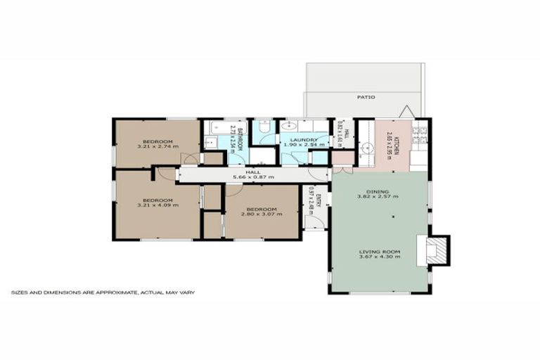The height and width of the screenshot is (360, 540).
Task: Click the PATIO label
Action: coord(365,97)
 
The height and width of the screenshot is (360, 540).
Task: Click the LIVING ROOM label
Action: coord(379,251)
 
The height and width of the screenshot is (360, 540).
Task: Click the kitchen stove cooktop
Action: coord(420,132)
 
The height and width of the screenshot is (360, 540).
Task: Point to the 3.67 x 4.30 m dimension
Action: coord(379,257)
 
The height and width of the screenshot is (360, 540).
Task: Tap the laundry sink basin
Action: coord(289,127)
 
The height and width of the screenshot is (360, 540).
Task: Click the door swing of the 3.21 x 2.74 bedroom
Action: coord(188,159)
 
